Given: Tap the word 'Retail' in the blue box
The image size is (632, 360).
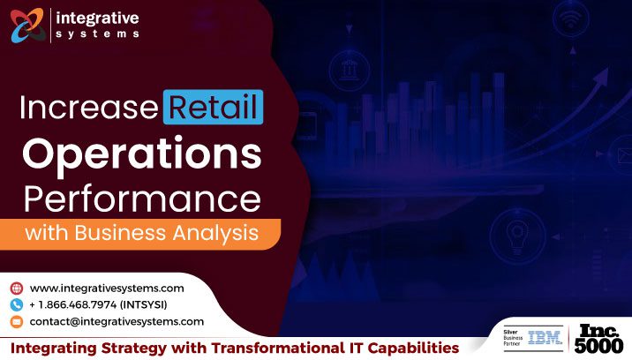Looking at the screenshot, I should pyautogui.click(x=213, y=109).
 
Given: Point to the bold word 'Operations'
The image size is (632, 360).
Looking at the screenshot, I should pyautogui.click(x=142, y=154).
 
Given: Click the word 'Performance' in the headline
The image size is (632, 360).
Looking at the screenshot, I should pyautogui.click(x=142, y=196).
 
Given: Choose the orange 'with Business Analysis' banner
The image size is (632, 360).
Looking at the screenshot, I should pyautogui.click(x=141, y=234).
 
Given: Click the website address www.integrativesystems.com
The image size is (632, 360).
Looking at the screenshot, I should pyautogui.click(x=107, y=288).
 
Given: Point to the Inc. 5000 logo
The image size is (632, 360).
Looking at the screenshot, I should pyautogui.click(x=599, y=338).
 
